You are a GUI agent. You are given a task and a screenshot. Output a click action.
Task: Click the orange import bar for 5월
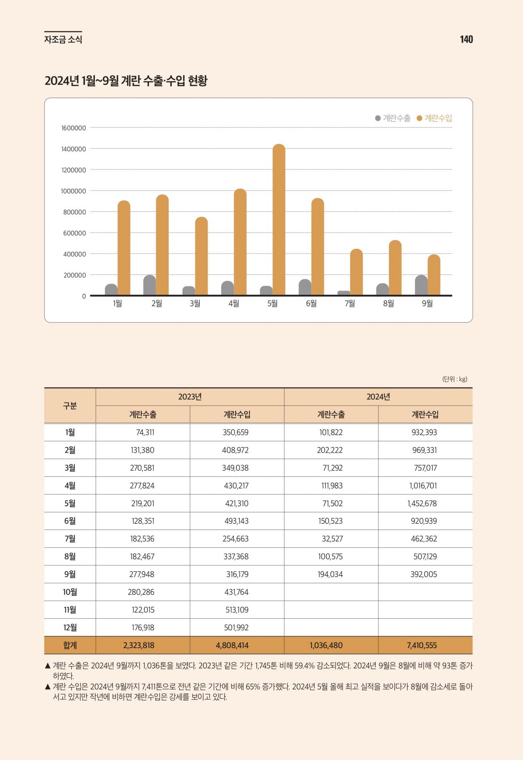click(279, 220)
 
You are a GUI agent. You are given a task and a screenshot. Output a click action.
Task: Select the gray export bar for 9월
click(421, 285)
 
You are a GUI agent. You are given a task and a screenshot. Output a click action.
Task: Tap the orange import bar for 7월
click(356, 272)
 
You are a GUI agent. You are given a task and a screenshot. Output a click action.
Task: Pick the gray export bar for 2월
click(150, 285)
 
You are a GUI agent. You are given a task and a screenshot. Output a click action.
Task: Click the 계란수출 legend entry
click(393, 118)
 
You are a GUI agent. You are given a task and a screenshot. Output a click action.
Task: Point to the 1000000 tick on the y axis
click(74, 191)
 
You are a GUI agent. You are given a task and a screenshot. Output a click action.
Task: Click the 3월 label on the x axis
click(195, 304)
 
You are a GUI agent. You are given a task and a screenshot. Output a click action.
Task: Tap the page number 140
click(466, 39)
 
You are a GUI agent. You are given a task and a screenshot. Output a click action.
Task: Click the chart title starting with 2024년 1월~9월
click(126, 81)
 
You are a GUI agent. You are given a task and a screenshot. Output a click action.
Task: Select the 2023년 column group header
click(190, 397)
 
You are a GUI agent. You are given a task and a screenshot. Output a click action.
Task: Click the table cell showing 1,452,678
click(422, 504)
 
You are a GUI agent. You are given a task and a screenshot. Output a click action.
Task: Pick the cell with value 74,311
click(145, 433)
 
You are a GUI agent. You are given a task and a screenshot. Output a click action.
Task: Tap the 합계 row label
click(70, 645)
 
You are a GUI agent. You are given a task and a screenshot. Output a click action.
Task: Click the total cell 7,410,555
click(422, 646)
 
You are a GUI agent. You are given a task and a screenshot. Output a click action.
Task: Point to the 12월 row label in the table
click(70, 628)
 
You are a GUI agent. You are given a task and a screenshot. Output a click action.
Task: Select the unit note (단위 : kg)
click(455, 379)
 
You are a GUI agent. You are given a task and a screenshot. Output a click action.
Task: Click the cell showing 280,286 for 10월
click(142, 592)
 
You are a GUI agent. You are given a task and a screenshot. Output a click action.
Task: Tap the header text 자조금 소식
click(63, 40)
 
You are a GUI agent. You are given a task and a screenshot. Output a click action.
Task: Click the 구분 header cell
click(70, 406)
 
